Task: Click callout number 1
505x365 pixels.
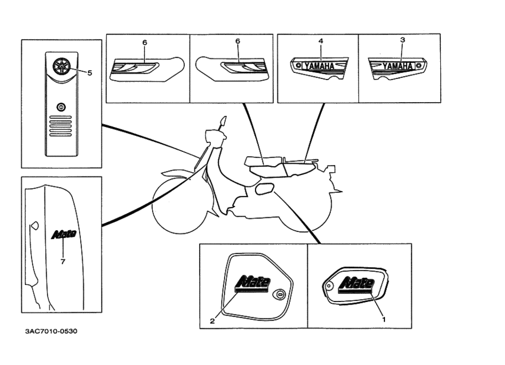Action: point(383,319)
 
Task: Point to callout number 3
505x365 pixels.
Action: point(402,40)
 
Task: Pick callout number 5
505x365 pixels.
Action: point(90,73)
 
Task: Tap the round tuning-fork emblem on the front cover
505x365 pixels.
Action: point(60,65)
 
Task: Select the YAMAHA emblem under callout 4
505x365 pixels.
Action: point(319,66)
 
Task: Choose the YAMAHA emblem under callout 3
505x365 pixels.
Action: point(397,65)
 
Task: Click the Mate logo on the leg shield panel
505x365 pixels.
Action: point(64,234)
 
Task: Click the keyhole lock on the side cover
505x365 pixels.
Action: point(280,294)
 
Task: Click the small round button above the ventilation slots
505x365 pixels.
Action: point(60,107)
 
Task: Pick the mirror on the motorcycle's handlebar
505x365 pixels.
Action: point(223,123)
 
